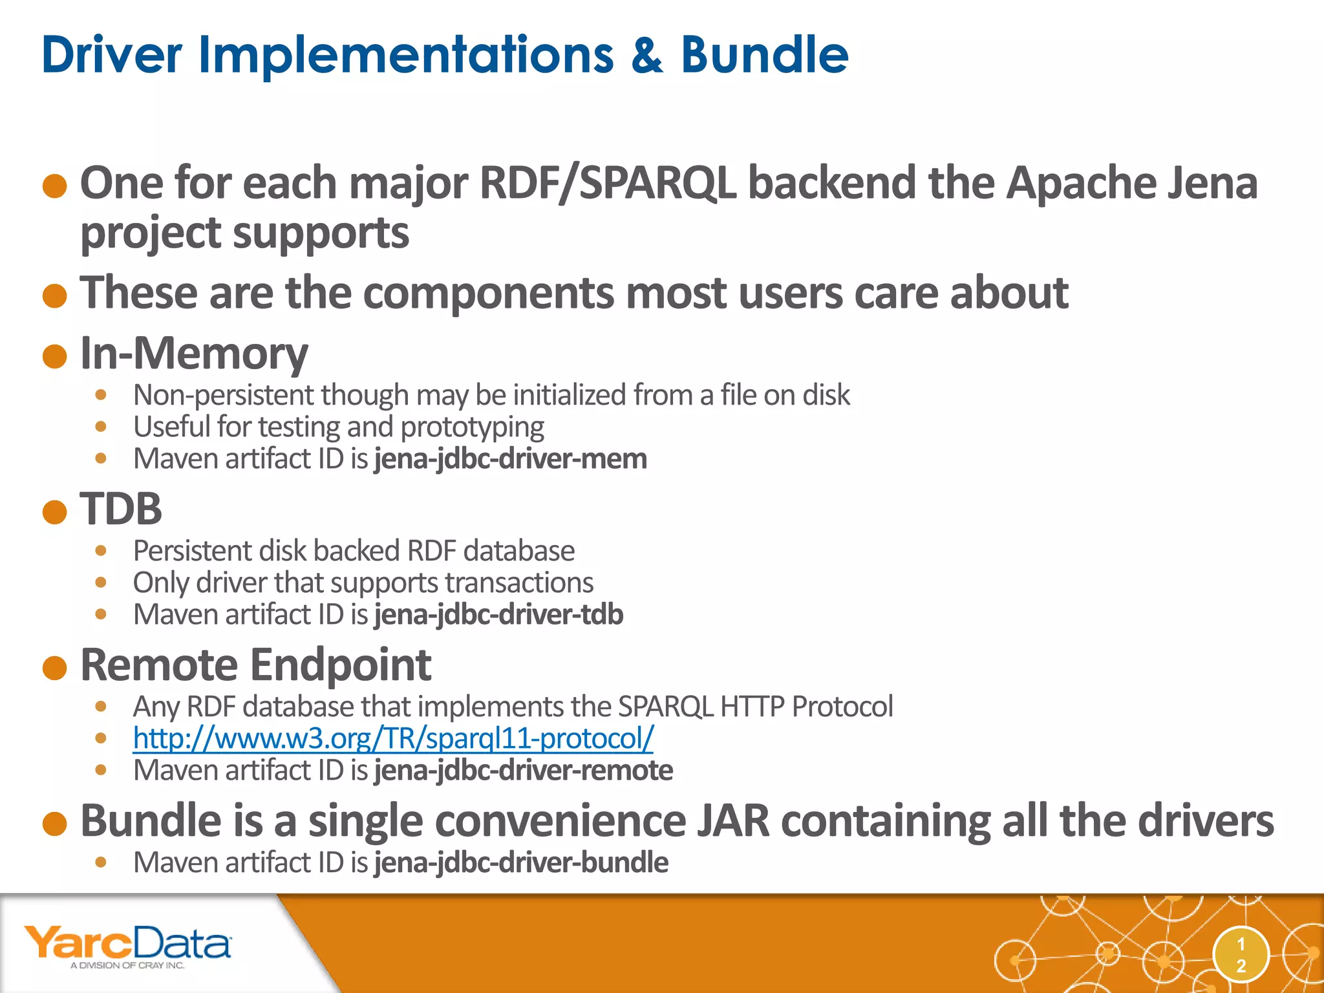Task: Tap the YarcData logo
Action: click(127, 945)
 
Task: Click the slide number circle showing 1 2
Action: click(1241, 955)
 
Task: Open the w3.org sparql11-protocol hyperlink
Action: click(393, 738)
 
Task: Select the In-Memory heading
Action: click(194, 354)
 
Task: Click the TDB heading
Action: click(121, 509)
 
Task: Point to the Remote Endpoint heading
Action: click(255, 665)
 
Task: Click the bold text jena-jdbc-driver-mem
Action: click(511, 459)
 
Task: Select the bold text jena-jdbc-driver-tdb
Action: click(498, 615)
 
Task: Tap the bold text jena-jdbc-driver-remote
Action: click(524, 771)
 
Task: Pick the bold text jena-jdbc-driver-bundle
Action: click(521, 863)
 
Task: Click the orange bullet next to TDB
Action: click(55, 512)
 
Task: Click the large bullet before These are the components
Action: click(55, 296)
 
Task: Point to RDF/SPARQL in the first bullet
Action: click(608, 184)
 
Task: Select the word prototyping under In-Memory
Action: click(472, 427)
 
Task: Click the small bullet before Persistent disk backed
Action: click(100, 551)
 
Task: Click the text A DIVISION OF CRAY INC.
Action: click(127, 965)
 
